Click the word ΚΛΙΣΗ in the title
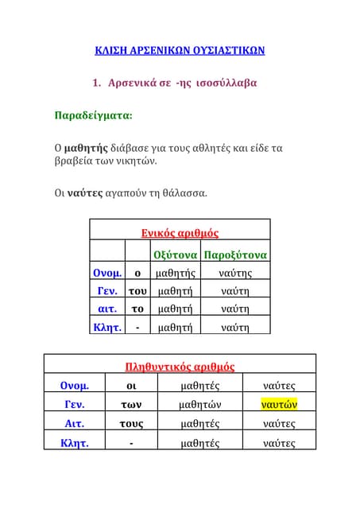point(114,51)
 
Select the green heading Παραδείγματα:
point(93,115)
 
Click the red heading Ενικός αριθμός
point(180,233)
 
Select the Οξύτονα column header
point(174,255)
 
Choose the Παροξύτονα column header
point(235,255)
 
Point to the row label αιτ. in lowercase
point(107,309)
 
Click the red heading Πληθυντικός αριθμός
point(180,367)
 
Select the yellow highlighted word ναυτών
point(279,404)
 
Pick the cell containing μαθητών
point(200,404)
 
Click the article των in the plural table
point(131,404)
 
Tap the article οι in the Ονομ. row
point(131,386)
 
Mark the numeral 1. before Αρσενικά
point(98,83)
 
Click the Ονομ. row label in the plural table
point(74,386)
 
